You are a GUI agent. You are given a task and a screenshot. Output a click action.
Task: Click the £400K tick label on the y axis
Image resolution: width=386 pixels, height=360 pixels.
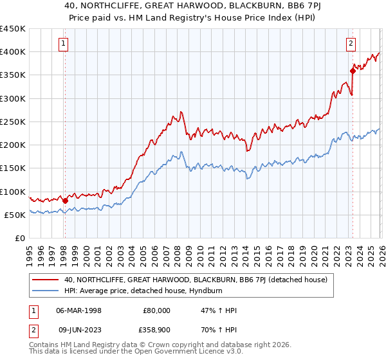[x=13, y=52]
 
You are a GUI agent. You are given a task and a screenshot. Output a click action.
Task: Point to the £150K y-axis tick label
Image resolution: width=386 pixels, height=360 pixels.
[x=13, y=168]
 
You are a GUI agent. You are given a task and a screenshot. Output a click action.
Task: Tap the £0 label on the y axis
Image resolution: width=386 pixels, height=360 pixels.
[x=20, y=239]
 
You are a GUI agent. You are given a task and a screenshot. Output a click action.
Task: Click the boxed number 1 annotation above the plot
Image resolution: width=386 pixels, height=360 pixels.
[x=64, y=44]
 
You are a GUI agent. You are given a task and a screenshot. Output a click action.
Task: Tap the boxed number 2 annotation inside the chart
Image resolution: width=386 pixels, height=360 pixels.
[x=351, y=44]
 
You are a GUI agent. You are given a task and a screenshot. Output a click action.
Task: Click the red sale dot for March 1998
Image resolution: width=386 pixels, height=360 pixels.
[x=65, y=201]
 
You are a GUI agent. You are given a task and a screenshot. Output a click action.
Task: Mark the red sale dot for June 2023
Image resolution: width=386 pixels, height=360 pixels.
[x=353, y=71]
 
